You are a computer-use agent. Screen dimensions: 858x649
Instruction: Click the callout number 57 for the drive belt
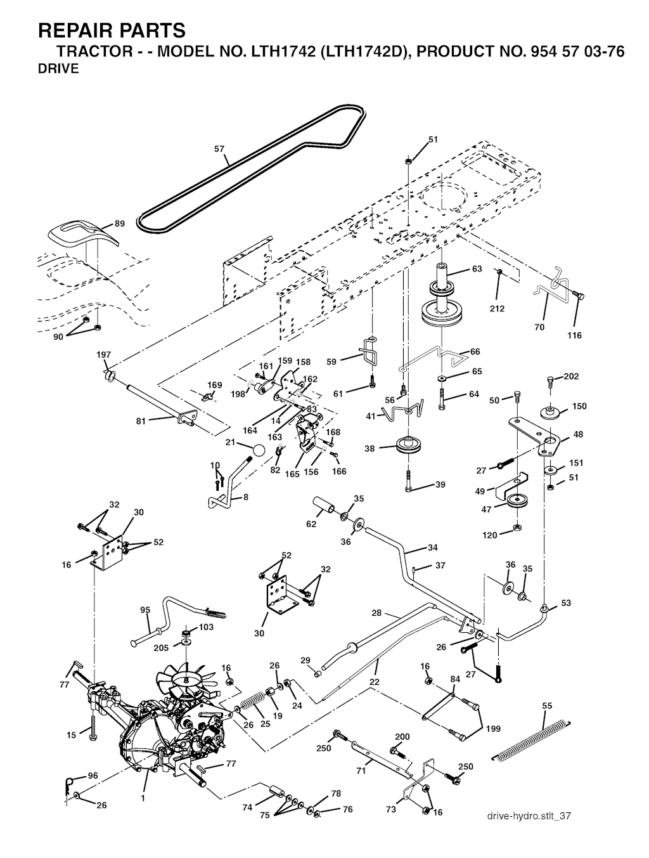pos(219,150)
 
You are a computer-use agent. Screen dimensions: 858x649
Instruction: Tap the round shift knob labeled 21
pos(259,451)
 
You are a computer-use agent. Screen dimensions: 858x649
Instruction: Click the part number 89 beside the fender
pos(120,223)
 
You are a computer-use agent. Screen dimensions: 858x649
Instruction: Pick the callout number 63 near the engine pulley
pos(477,269)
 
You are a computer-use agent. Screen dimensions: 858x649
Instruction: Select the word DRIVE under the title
pos(59,69)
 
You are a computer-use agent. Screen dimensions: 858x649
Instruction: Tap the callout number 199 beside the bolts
pos(492,729)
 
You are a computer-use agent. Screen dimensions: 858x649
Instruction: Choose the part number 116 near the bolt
pos(574,335)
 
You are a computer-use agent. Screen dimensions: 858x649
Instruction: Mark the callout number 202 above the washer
pos(571,376)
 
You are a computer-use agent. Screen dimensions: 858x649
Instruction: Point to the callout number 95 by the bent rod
pos(145,610)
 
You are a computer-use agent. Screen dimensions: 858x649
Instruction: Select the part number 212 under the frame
pos(498,308)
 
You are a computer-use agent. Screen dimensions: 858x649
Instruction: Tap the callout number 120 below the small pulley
pos(490,535)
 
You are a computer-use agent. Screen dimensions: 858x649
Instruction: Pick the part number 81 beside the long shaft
pos(141,420)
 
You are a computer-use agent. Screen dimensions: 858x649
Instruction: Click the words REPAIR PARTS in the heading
pos(112,30)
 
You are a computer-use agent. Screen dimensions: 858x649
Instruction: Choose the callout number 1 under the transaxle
pos(143,798)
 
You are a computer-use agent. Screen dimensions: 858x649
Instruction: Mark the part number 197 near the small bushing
pos(103,354)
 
